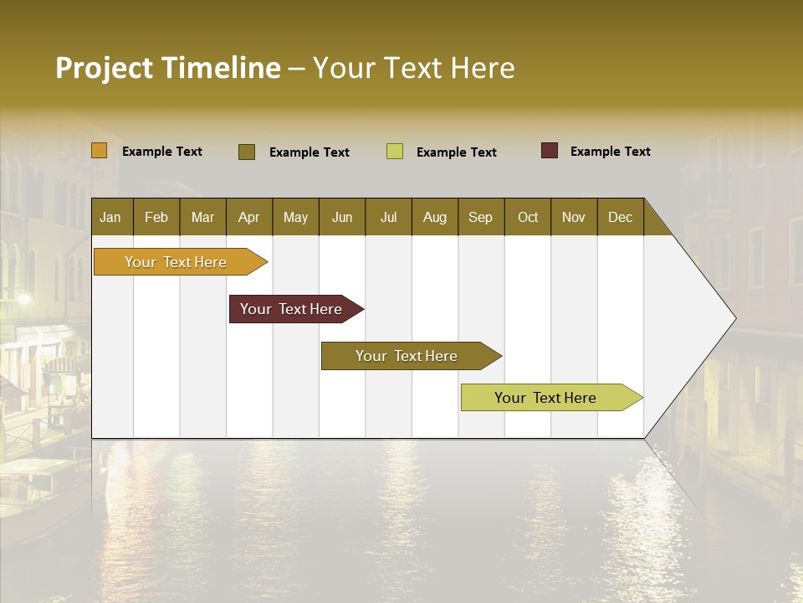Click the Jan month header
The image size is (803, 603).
(110, 217)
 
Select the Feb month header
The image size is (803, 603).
(156, 217)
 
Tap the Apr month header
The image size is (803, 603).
(248, 217)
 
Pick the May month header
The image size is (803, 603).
(295, 217)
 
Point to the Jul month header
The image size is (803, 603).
(388, 217)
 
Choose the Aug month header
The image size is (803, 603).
(434, 217)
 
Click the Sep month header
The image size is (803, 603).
(480, 217)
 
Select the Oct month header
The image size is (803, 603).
(528, 217)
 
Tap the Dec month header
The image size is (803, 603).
(620, 217)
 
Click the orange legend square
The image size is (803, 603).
(100, 151)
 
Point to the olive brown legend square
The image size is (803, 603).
(247, 152)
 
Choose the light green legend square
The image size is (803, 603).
(395, 152)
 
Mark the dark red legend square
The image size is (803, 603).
(550, 151)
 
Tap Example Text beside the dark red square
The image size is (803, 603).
(610, 152)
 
